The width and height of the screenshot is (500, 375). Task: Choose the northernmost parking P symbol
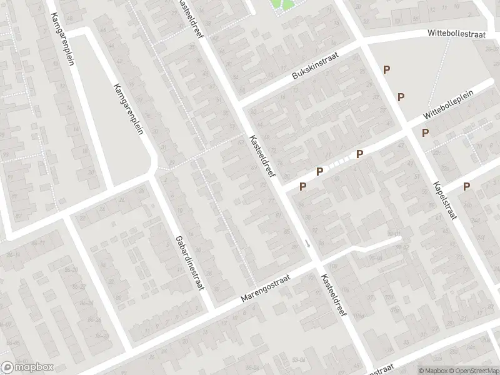[x=387, y=71]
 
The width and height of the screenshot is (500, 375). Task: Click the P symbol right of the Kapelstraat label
[x=466, y=186]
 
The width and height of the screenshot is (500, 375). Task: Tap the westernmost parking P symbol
[x=303, y=186]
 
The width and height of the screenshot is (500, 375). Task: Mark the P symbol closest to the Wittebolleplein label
[x=425, y=132]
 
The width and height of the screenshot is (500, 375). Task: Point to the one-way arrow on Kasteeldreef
[x=307, y=243]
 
